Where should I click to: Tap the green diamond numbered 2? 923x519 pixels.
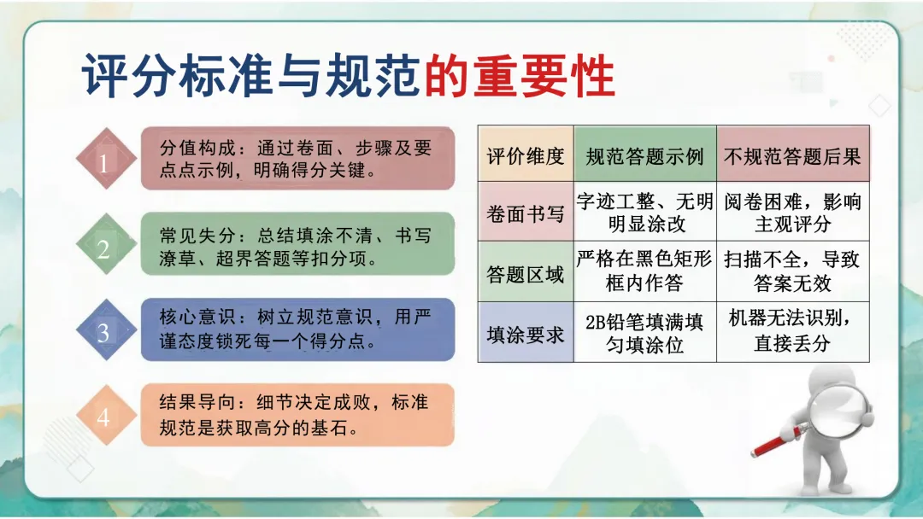(x=104, y=248)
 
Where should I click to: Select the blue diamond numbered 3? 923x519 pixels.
(x=104, y=332)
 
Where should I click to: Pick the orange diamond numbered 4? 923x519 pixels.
(x=104, y=417)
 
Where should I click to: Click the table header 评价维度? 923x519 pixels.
(x=526, y=156)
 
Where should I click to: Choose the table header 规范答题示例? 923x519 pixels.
(x=644, y=156)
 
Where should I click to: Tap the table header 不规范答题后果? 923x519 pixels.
(x=792, y=156)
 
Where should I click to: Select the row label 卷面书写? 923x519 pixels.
(x=526, y=213)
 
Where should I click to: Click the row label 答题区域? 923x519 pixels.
(x=526, y=274)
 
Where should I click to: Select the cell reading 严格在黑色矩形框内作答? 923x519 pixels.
(x=644, y=271)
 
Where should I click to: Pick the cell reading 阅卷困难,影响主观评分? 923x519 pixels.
(x=792, y=213)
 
